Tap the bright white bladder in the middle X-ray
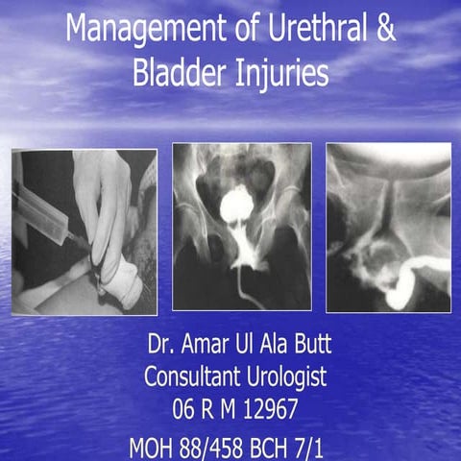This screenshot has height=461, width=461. pyautogui.click(x=236, y=204)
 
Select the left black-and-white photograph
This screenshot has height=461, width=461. pyautogui.click(x=85, y=230)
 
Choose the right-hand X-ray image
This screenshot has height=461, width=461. pyautogui.click(x=388, y=228)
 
